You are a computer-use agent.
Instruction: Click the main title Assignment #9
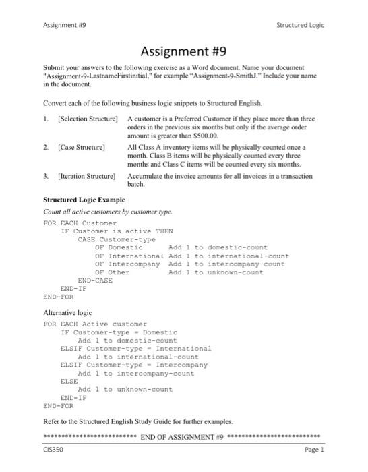(x=183, y=51)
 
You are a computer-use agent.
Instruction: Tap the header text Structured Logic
(x=300, y=25)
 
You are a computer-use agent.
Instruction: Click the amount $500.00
(x=190, y=134)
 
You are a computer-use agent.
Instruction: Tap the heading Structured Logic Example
(x=84, y=200)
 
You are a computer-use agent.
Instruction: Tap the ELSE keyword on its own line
(x=69, y=380)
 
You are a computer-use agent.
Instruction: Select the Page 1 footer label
(x=314, y=449)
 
